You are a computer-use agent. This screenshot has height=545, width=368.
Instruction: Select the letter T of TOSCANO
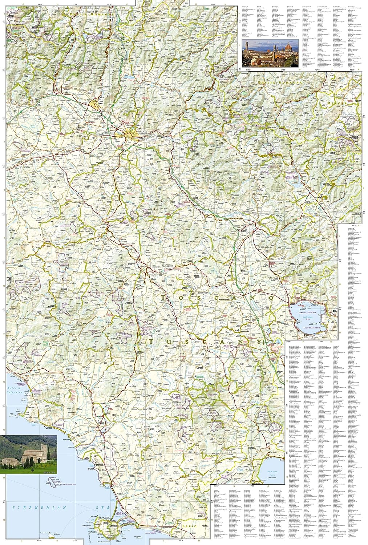tap(163, 297)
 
